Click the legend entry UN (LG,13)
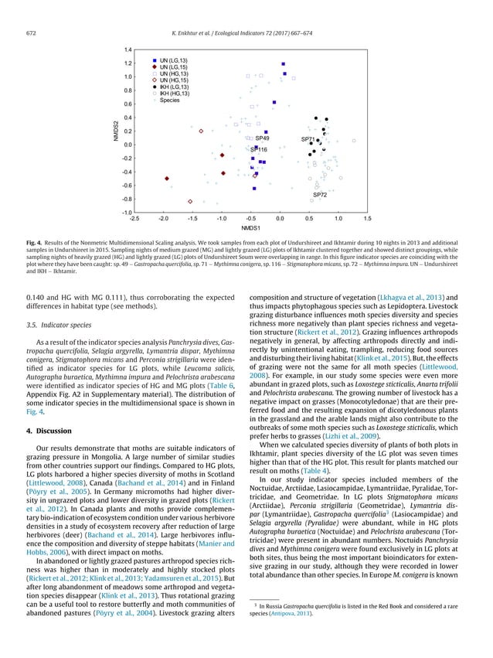pos(174,60)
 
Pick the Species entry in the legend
pos(170,101)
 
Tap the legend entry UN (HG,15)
pos(175,80)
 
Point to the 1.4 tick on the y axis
pos(127,49)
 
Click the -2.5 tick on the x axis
pos(134,219)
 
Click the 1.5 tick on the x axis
pos(367,219)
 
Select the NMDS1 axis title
pos(250,230)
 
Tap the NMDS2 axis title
pos(114,131)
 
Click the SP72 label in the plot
pos(319,196)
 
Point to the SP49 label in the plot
pos(262,138)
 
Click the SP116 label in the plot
pos(259,149)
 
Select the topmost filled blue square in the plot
pos(284,64)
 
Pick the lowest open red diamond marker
pos(190,202)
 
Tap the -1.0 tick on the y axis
pos(126,212)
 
